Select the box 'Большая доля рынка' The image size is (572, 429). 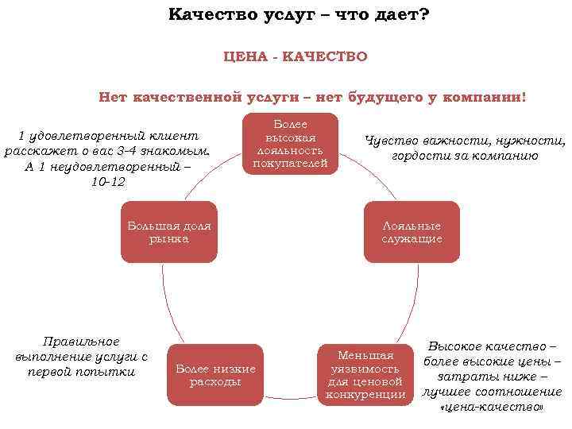tap(168, 232)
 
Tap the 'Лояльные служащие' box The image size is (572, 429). tap(412, 232)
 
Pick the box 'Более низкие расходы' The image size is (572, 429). tap(215, 375)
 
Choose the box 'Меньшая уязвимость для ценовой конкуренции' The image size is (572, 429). tap(365, 375)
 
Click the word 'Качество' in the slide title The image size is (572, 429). tap(208, 15)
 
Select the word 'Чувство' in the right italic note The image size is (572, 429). tap(392, 141)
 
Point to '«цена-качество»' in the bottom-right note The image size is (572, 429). tap(492, 407)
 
